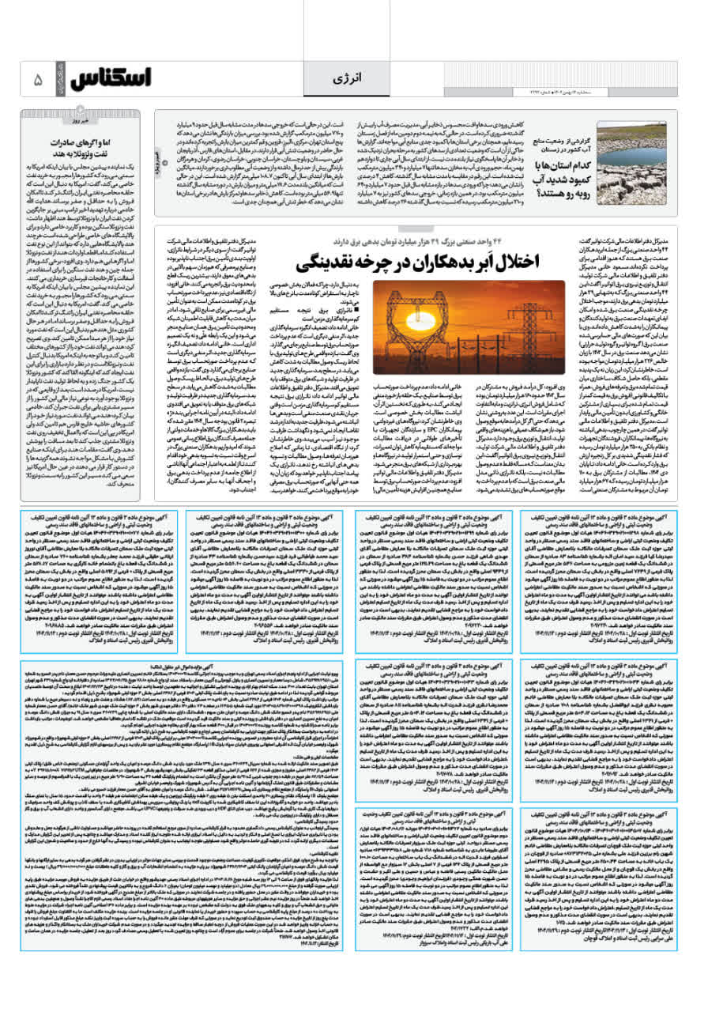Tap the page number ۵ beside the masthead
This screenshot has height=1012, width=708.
point(38,80)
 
